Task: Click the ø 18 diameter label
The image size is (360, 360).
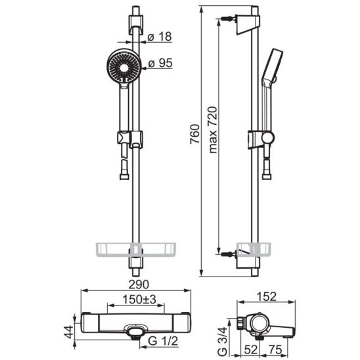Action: [x=160, y=37]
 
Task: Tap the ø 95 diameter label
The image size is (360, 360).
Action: [x=160, y=63]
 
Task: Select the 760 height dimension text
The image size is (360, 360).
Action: [x=194, y=134]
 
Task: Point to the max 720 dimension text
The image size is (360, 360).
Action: [x=213, y=129]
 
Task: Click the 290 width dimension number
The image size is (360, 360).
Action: [x=139, y=284]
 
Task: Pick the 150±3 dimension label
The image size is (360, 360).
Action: [x=139, y=300]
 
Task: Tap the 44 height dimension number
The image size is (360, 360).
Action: [x=68, y=332]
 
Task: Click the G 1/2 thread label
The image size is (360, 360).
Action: [x=163, y=341]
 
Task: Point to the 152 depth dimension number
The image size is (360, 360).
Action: [x=266, y=297]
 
